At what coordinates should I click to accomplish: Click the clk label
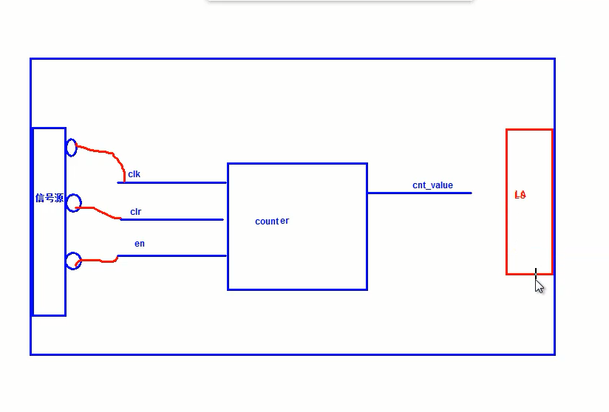tap(134, 174)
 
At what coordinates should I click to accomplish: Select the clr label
tap(135, 212)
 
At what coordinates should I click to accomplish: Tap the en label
tap(140, 244)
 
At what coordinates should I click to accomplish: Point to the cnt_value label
tap(432, 185)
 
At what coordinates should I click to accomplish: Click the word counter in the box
tap(272, 221)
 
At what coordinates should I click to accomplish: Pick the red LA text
tap(520, 195)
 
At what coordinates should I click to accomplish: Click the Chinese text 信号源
tap(50, 198)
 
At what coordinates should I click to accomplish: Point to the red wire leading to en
tap(97, 260)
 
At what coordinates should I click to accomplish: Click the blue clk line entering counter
tap(171, 182)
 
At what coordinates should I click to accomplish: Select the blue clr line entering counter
tap(172, 219)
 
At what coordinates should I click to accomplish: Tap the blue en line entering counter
tap(172, 255)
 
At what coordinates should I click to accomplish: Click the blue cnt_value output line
tap(420, 193)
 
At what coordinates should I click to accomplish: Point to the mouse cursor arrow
tap(539, 286)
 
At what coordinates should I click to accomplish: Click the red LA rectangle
tap(506, 202)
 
